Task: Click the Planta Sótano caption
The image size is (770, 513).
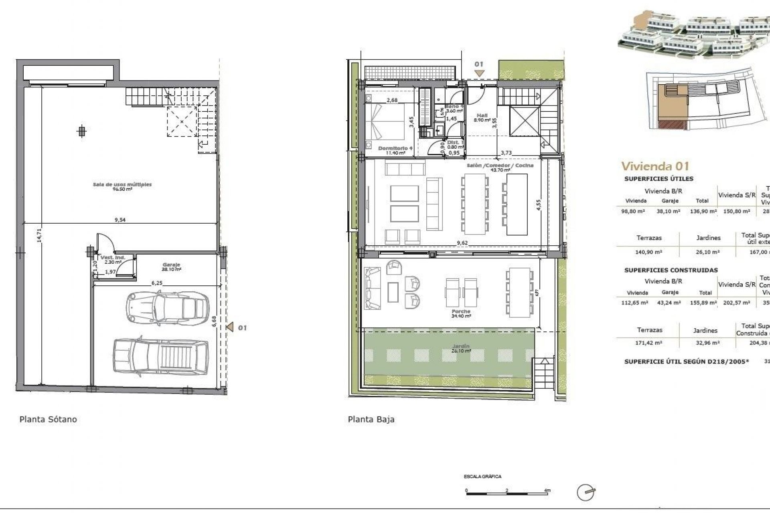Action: [x=48, y=420]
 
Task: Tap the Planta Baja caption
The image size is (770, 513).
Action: [x=371, y=420]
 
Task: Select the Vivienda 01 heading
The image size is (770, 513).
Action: [x=655, y=166]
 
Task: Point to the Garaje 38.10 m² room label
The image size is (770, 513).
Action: [x=171, y=267]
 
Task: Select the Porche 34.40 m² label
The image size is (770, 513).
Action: [x=461, y=313]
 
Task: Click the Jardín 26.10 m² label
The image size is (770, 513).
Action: [x=460, y=348]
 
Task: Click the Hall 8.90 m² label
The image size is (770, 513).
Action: [x=482, y=117]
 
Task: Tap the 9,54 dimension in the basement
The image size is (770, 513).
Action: [x=120, y=220]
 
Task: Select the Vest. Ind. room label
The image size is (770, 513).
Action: [x=113, y=259]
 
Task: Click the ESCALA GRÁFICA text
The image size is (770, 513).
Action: [x=482, y=477]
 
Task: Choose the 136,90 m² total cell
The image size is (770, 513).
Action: [x=703, y=211]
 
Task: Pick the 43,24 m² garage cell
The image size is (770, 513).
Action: [x=670, y=303]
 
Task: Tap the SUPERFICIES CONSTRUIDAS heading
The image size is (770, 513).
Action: [x=671, y=270]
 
